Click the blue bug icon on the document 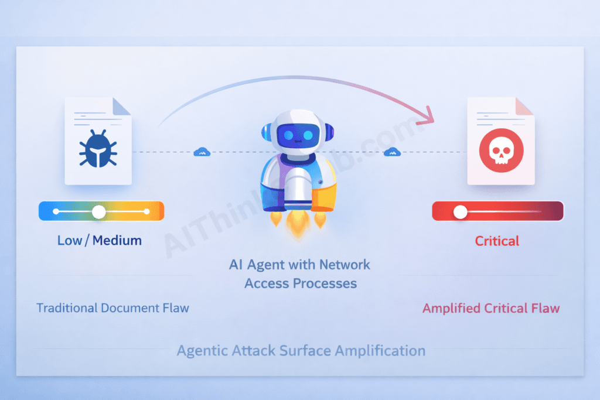(x=97, y=149)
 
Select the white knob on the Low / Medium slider (x=99, y=211)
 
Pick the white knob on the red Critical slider (x=461, y=211)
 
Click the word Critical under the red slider (x=497, y=241)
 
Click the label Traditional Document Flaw (x=112, y=307)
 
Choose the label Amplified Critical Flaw (x=491, y=308)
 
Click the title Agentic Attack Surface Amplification (x=301, y=351)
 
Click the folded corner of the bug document (x=121, y=106)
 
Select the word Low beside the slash (x=70, y=240)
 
